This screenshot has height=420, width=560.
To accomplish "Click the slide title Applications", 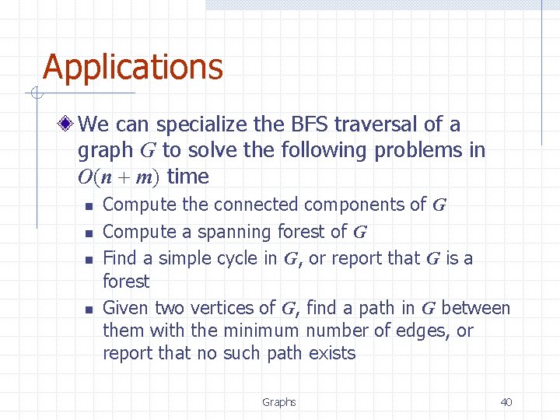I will coord(133,68).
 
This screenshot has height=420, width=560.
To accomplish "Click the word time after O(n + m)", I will coord(188,177).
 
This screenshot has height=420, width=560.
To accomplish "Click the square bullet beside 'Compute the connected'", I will coord(89,207).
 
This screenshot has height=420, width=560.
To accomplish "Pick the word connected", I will coord(257,205).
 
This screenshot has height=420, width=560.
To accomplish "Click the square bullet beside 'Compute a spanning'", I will coord(89,233).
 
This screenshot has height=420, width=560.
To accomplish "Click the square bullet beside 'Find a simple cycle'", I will coord(89,260).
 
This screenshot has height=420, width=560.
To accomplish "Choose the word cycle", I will coord(237,257).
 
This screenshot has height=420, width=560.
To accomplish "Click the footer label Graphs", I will coord(278,402).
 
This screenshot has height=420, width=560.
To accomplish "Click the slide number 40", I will coord(506,402).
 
